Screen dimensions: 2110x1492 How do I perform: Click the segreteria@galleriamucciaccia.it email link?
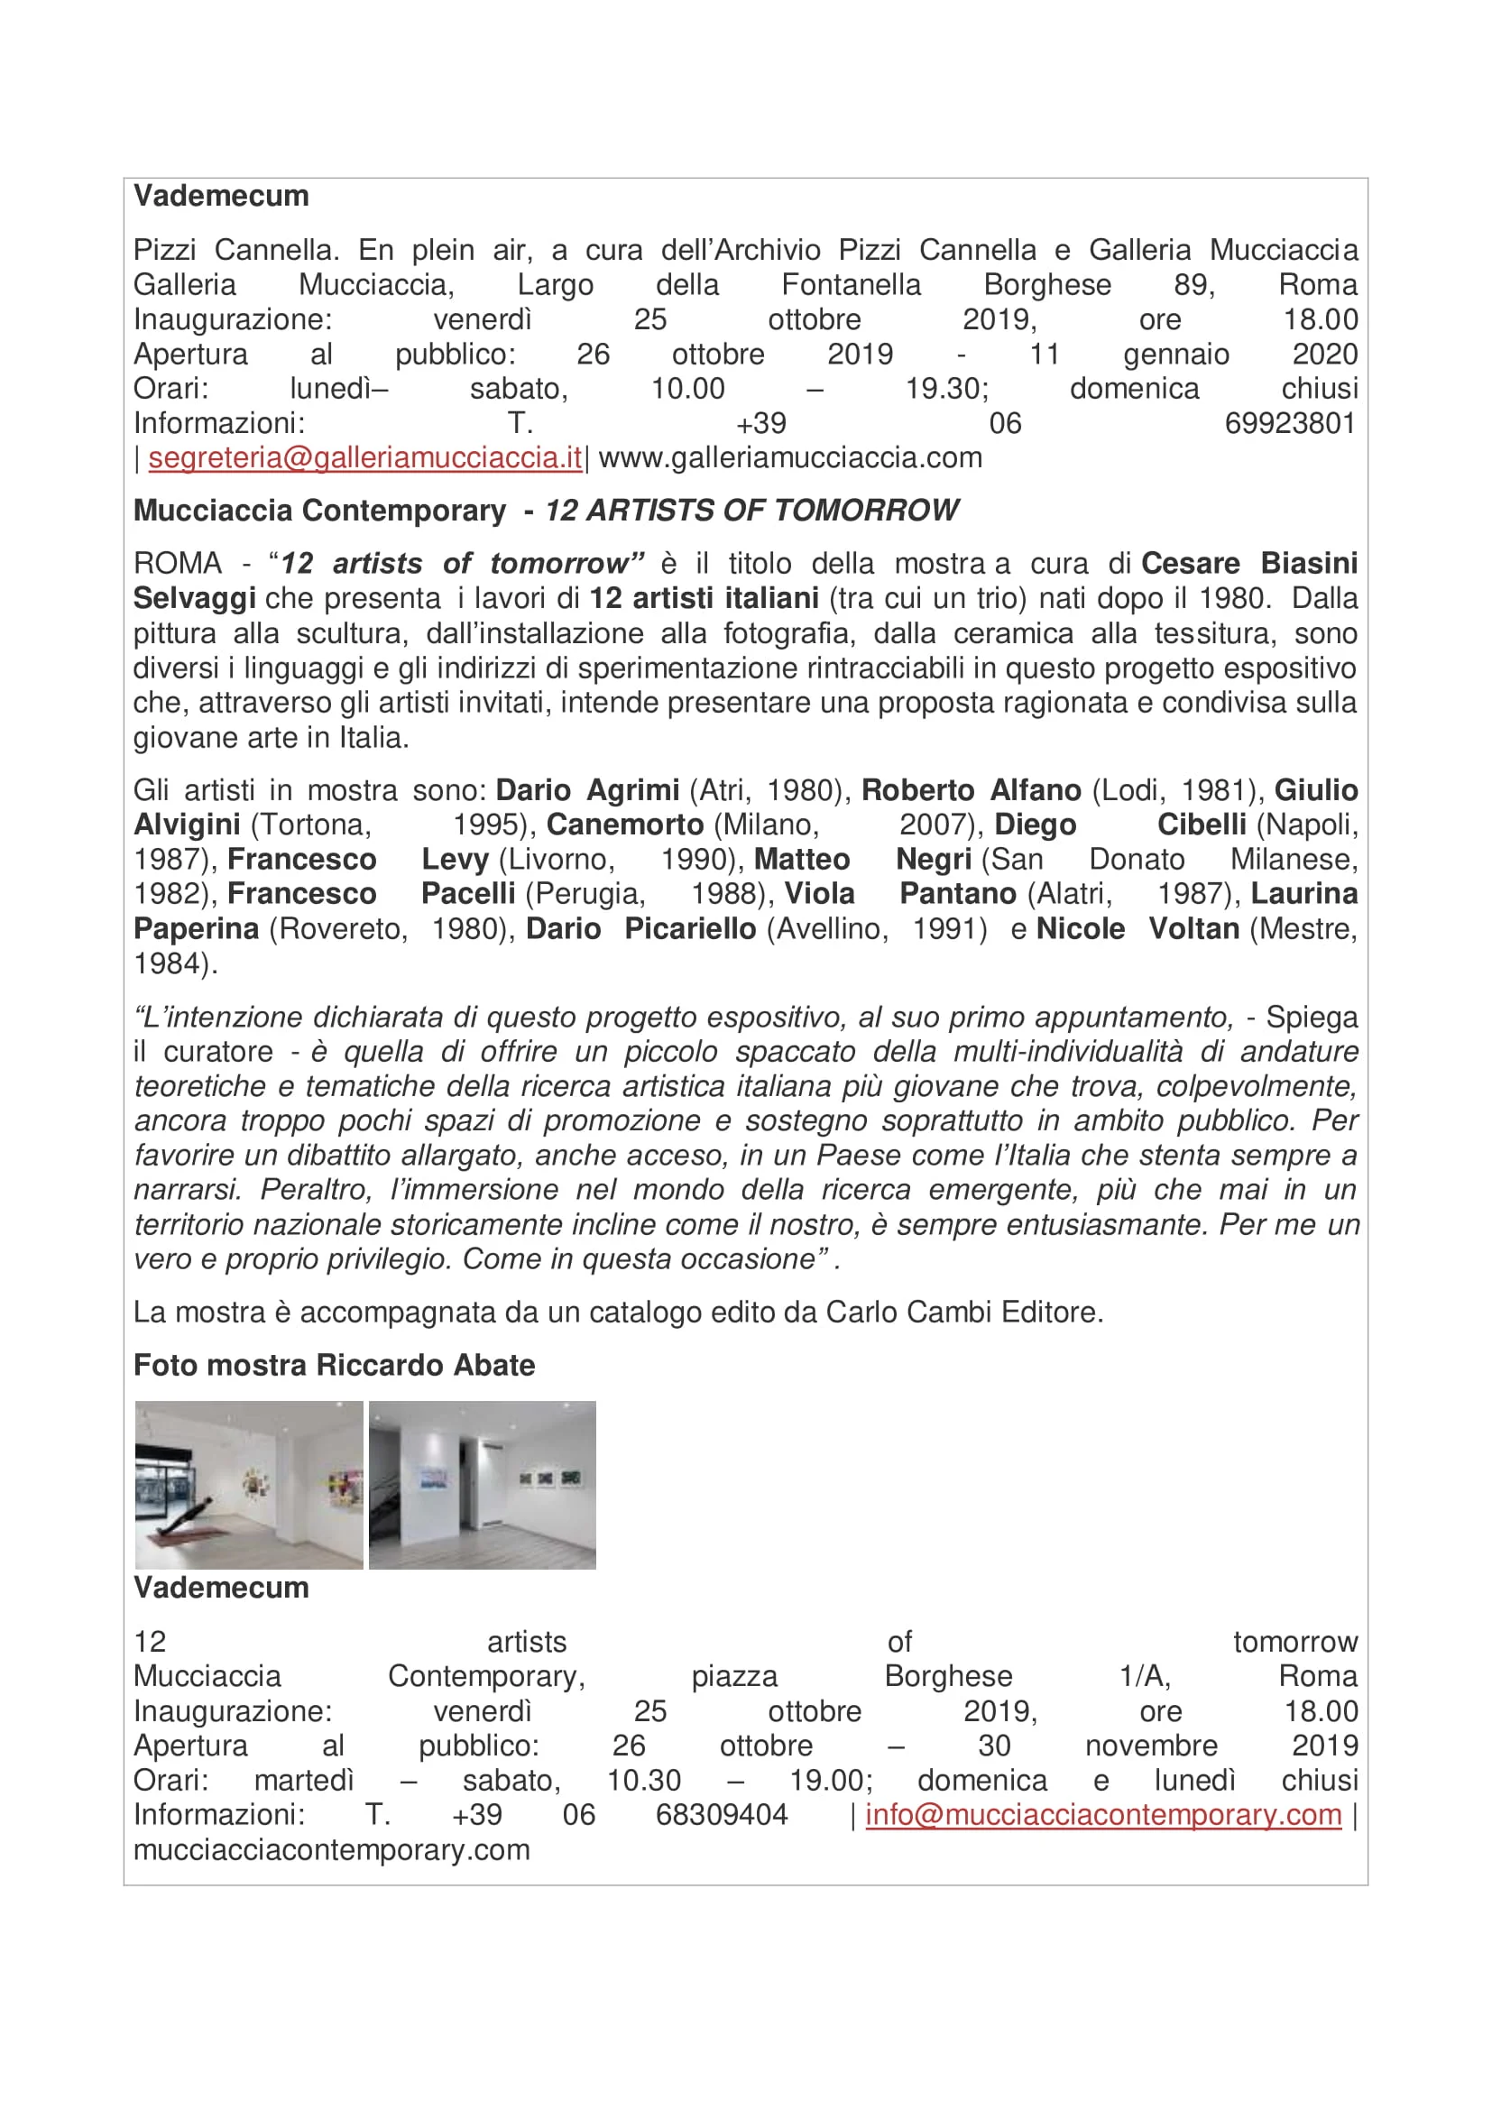click(x=364, y=457)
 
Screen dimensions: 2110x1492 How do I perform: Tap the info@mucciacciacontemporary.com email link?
click(x=1102, y=1815)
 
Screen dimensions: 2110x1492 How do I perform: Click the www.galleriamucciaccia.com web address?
click(x=790, y=457)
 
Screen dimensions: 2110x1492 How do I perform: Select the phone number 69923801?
click(x=1290, y=424)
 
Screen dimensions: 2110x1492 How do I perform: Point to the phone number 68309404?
click(x=722, y=1815)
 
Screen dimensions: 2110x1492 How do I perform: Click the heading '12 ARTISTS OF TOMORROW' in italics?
click(x=751, y=511)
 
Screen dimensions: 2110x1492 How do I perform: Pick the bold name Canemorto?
click(x=625, y=825)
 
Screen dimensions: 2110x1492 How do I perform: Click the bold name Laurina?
click(x=1303, y=894)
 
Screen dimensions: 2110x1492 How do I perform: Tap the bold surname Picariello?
click(x=690, y=929)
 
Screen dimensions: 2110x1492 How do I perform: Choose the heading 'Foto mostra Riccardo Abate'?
click(x=334, y=1366)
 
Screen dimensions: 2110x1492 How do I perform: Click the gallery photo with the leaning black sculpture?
click(x=249, y=1485)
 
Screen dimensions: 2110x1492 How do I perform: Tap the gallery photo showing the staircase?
click(x=483, y=1485)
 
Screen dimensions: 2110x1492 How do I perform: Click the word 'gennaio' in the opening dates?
click(x=1176, y=355)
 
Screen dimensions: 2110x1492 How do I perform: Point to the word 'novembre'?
click(x=1151, y=1746)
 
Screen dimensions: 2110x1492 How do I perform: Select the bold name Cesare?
click(x=1190, y=563)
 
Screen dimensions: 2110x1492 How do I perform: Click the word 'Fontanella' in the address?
click(x=851, y=285)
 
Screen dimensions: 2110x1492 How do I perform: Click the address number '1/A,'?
click(x=1144, y=1677)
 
